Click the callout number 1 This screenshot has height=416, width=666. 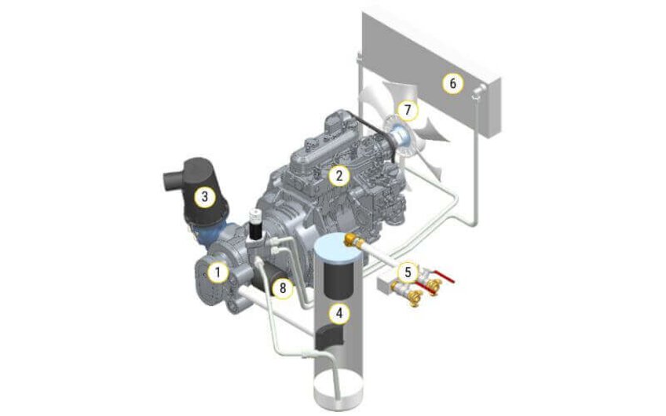pyautogui.click(x=218, y=272)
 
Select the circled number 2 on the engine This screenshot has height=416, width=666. pyautogui.click(x=338, y=175)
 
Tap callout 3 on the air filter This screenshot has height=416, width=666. pyautogui.click(x=204, y=197)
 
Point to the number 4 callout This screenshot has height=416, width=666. pyautogui.click(x=338, y=314)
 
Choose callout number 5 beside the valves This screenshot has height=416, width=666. pyautogui.click(x=408, y=272)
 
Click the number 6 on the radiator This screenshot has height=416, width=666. pyautogui.click(x=452, y=83)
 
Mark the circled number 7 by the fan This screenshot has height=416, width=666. pyautogui.click(x=408, y=110)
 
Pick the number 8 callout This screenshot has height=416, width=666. pyautogui.click(x=283, y=288)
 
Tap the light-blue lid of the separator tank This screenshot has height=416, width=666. pyautogui.click(x=338, y=246)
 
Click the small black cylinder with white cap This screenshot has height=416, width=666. pyautogui.click(x=256, y=224)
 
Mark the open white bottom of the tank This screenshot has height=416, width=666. pyautogui.click(x=338, y=389)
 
